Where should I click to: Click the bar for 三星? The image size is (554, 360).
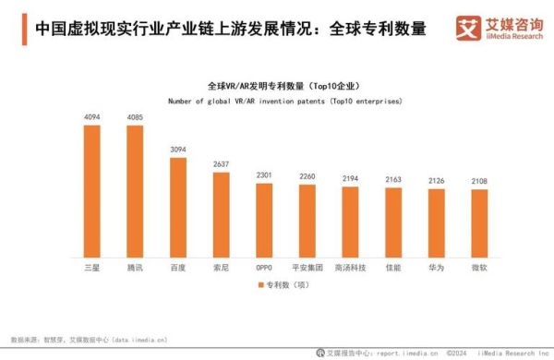(x=92, y=191)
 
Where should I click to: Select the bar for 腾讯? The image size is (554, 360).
(x=135, y=191)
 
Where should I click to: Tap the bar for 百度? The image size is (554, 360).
(x=178, y=208)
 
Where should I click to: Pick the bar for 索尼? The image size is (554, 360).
(x=221, y=215)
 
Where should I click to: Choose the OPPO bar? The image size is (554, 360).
(x=264, y=221)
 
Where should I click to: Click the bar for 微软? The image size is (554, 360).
(x=480, y=223)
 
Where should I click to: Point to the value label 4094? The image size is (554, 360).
(x=92, y=117)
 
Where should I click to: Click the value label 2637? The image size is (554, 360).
(x=221, y=165)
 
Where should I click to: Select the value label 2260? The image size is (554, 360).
(x=307, y=177)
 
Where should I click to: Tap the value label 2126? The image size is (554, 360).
(x=437, y=181)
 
